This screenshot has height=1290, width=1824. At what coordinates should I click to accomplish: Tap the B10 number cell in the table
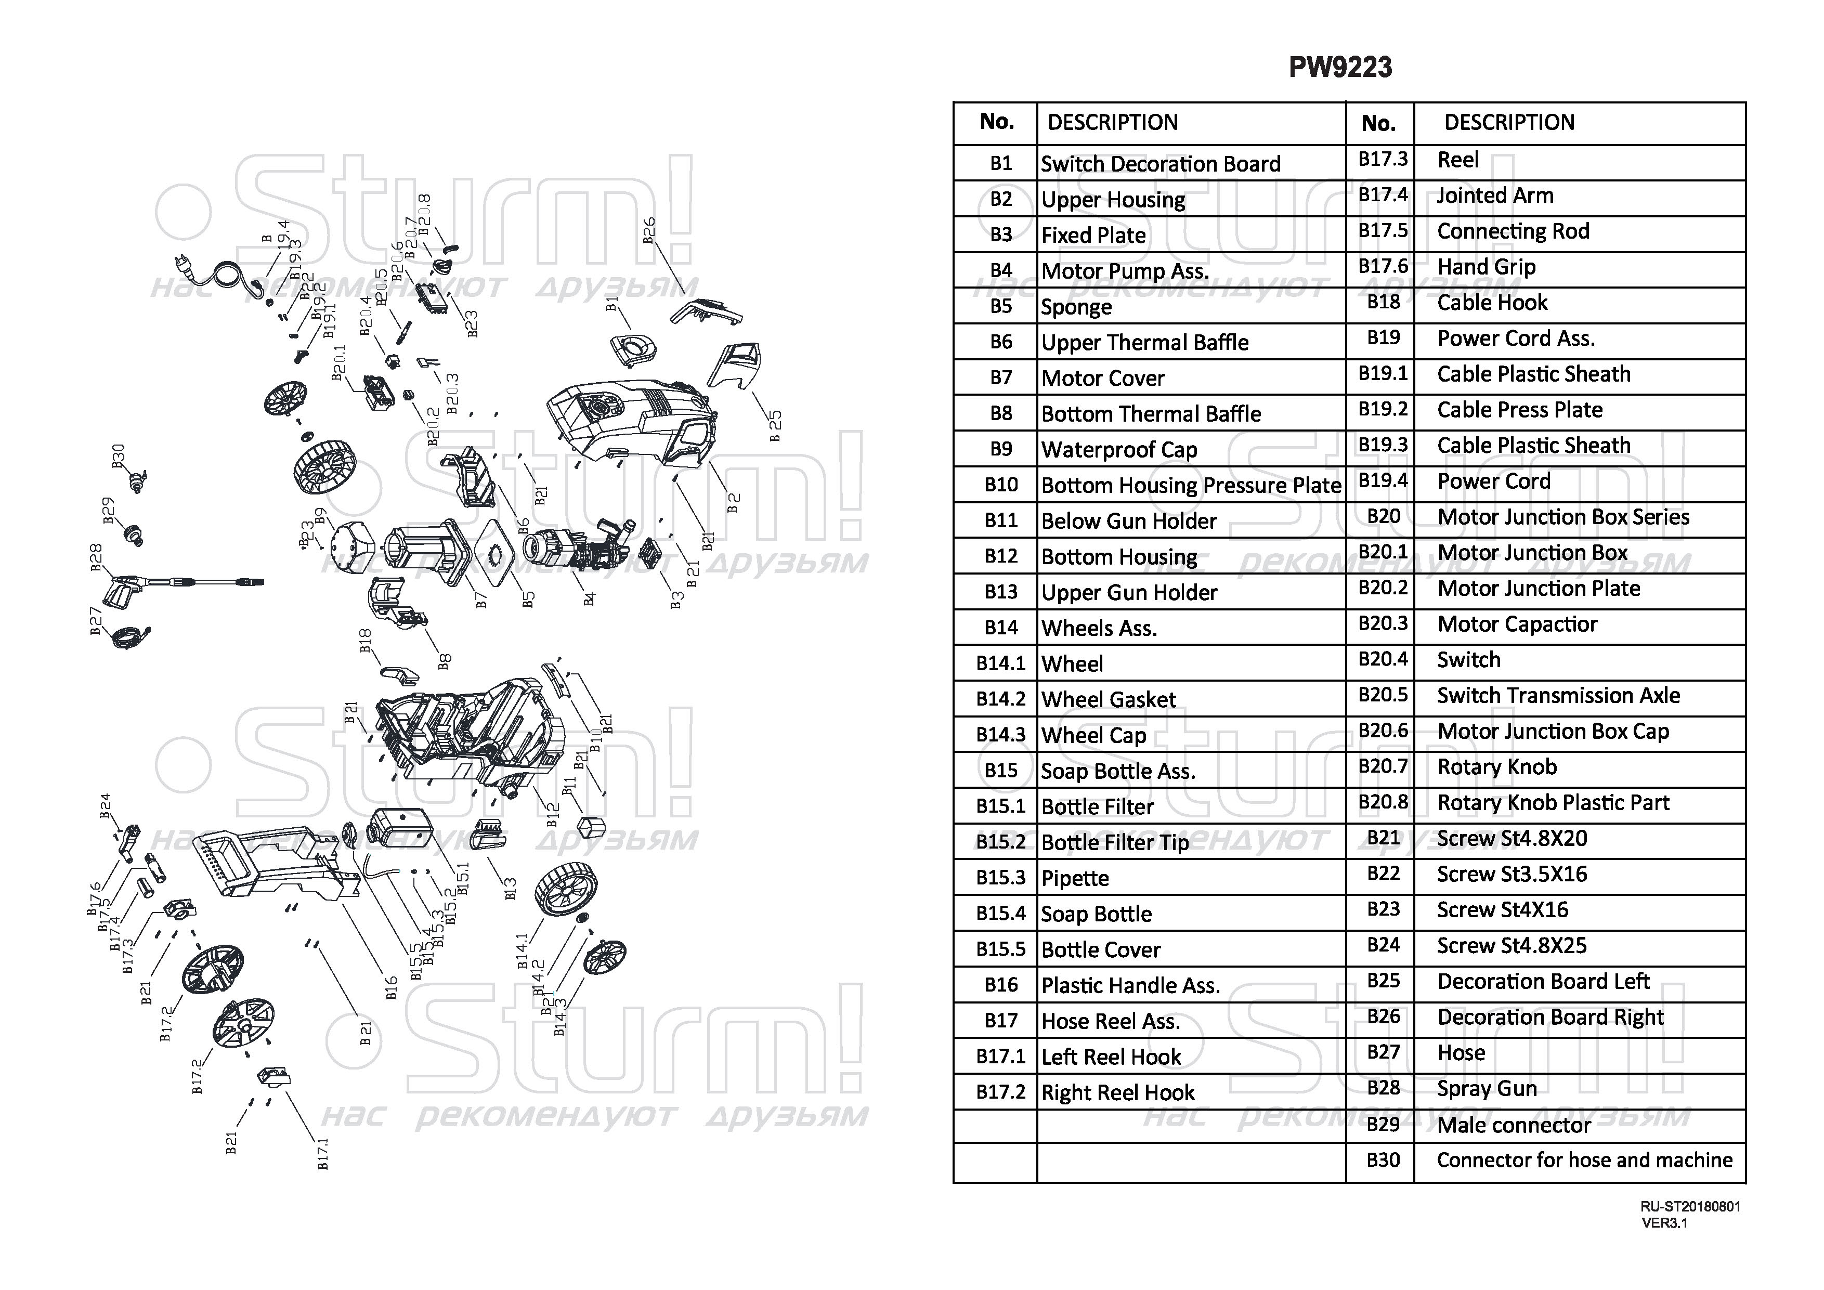coord(995,485)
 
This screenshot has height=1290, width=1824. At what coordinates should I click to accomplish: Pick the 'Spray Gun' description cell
coord(1579,1088)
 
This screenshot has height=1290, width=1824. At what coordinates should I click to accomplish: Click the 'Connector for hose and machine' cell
coord(1579,1161)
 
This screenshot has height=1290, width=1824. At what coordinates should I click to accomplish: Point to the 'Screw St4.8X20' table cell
coord(1579,839)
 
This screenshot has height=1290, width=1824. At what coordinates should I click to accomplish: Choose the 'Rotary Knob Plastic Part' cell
coord(1579,803)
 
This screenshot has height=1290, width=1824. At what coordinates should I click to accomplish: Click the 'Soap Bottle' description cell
coord(1191,914)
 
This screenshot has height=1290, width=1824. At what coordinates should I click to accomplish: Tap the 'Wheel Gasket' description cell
coord(1191,699)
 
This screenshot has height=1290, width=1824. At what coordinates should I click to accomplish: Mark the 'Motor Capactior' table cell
coord(1579,624)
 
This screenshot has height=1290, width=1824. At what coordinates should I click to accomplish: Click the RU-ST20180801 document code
coord(1690,1206)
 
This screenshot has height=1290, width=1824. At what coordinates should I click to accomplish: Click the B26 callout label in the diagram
coord(649,230)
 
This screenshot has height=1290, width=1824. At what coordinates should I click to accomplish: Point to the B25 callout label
coord(775,426)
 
